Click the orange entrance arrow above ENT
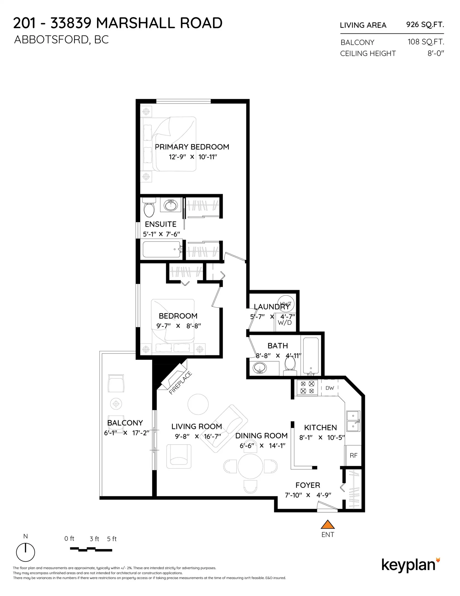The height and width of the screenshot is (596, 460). (327, 525)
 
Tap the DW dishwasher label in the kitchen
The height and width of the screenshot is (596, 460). (329, 388)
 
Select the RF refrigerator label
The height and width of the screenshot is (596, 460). (353, 455)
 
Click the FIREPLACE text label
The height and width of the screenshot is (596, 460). (180, 383)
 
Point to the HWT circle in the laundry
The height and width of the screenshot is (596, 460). (286, 303)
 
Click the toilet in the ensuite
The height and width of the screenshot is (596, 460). (149, 208)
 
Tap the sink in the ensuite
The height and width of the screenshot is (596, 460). (171, 205)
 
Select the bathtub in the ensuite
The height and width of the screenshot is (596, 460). (161, 249)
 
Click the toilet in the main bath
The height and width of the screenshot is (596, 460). (290, 364)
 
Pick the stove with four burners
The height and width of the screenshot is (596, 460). (307, 387)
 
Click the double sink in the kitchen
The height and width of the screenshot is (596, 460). (353, 421)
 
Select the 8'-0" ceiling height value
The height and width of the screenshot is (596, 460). (436, 53)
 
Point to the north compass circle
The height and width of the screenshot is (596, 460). (25, 552)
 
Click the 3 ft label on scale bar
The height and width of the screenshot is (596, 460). (94, 539)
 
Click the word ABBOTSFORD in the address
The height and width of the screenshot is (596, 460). (51, 40)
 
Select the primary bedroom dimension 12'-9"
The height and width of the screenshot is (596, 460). (177, 157)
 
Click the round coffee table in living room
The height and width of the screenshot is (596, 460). (198, 404)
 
